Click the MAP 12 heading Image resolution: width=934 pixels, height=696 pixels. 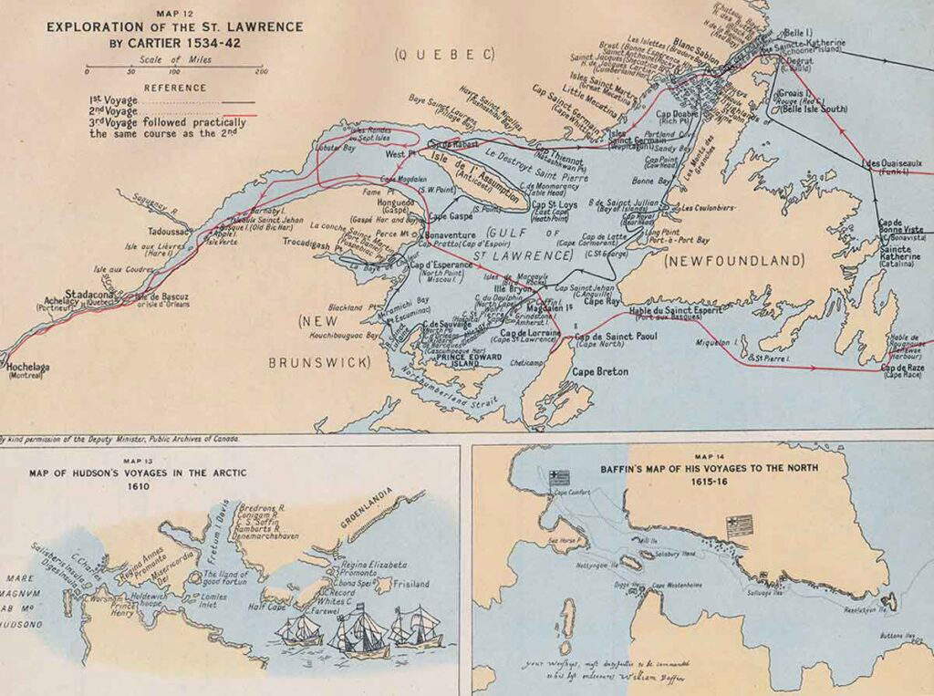point(174,13)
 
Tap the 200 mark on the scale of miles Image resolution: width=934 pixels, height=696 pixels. point(262,71)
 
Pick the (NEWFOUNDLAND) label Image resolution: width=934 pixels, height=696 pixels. point(735,261)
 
